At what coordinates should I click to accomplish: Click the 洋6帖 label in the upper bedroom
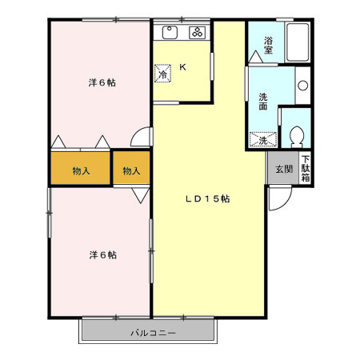point(101,82)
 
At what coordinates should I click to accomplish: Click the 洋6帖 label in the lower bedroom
point(102,254)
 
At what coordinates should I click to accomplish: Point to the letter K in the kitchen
point(182,68)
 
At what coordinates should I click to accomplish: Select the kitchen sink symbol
point(170,33)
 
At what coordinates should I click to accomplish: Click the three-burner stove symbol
point(198,33)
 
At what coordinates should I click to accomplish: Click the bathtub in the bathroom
point(297,43)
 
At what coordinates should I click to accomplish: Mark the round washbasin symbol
point(302,85)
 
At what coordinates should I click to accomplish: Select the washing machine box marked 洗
point(262,141)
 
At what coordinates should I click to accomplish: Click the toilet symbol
point(297,138)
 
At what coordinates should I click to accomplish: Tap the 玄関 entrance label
point(283,169)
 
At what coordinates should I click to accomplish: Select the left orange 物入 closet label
point(80,170)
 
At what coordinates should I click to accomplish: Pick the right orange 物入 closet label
point(131,170)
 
